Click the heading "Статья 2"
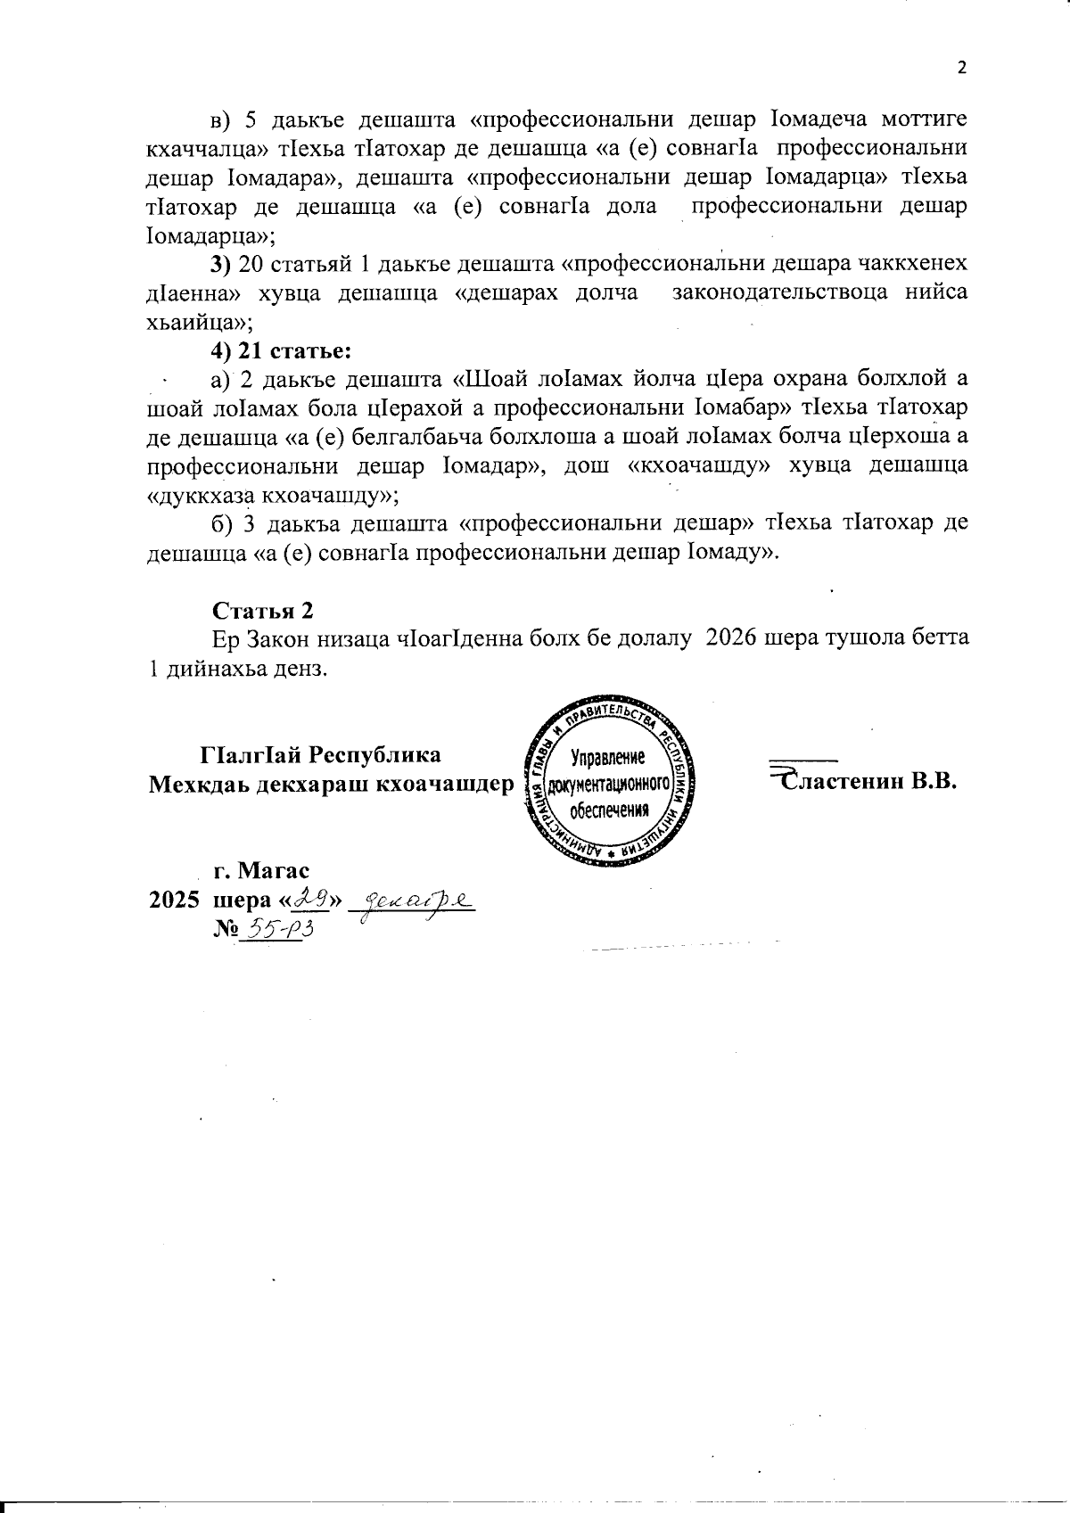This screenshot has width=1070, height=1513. tap(263, 611)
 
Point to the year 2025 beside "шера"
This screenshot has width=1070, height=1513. tap(174, 900)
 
